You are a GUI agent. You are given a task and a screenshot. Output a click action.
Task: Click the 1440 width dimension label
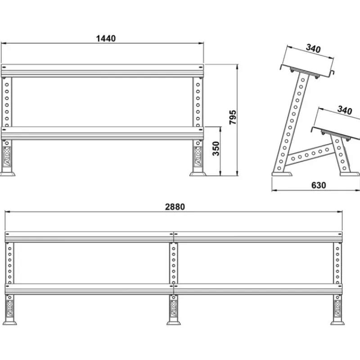pos(106,38)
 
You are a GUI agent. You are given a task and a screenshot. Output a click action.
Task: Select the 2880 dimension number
pos(175,207)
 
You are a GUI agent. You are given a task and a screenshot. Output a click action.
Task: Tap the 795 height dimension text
pos(233,117)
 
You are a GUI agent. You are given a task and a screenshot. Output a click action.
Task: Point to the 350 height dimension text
pos(216,148)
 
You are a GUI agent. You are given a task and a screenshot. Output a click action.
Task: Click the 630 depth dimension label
pos(319,185)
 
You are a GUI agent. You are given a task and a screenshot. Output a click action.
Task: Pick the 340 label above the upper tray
pos(313,49)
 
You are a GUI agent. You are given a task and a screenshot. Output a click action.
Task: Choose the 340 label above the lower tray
pos(345,110)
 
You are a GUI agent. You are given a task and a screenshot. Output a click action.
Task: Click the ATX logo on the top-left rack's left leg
pos(7,157)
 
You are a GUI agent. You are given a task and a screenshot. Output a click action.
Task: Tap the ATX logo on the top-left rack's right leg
pos(198,157)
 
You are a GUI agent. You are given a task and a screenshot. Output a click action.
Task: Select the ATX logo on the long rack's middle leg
pos(174,309)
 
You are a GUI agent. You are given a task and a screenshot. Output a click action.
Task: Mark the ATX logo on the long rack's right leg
pos(337,309)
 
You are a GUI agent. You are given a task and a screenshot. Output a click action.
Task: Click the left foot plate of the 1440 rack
pos(7,174)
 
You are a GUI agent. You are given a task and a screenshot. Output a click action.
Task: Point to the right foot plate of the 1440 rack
pos(198,174)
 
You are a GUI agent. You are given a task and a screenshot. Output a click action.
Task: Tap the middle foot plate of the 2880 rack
pos(174,323)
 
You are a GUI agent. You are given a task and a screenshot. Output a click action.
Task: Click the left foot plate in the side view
pos(282,174)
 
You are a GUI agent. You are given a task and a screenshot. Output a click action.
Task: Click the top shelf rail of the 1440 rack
pos(103,71)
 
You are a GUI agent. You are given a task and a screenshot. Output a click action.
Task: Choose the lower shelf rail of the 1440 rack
pos(103,133)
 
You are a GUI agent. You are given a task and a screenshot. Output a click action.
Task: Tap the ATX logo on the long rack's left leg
pos(9,309)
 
